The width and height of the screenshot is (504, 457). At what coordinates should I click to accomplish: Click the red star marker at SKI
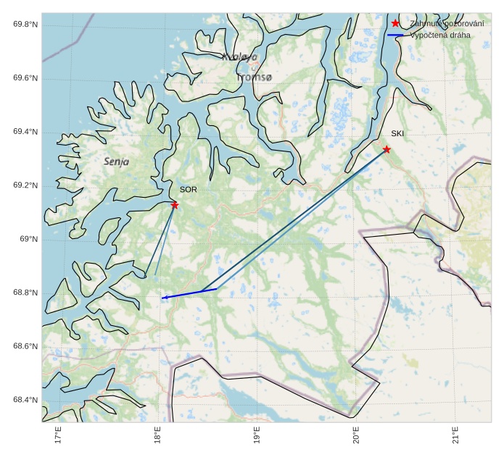coord(387,149)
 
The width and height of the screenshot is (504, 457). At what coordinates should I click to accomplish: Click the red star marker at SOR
coord(175,205)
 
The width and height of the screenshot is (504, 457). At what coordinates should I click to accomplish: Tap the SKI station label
coord(397,133)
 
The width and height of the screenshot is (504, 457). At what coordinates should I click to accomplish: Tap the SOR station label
coord(189,190)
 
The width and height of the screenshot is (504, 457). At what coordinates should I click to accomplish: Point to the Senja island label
coord(116,162)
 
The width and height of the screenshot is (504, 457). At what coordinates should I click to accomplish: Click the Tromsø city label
coord(254,77)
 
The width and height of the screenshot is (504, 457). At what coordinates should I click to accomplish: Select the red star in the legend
coord(395,23)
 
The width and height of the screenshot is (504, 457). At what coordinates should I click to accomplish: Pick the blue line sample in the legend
coord(395,35)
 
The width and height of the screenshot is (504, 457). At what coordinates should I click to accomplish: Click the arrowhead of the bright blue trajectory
coord(164,298)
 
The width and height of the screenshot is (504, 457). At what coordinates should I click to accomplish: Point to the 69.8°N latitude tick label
coord(25,25)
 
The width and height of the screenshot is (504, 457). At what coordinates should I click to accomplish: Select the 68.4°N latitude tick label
coord(25,400)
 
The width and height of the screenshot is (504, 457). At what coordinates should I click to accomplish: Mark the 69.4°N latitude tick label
coord(25,132)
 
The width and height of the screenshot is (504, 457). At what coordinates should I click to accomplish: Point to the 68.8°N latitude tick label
coord(25,293)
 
